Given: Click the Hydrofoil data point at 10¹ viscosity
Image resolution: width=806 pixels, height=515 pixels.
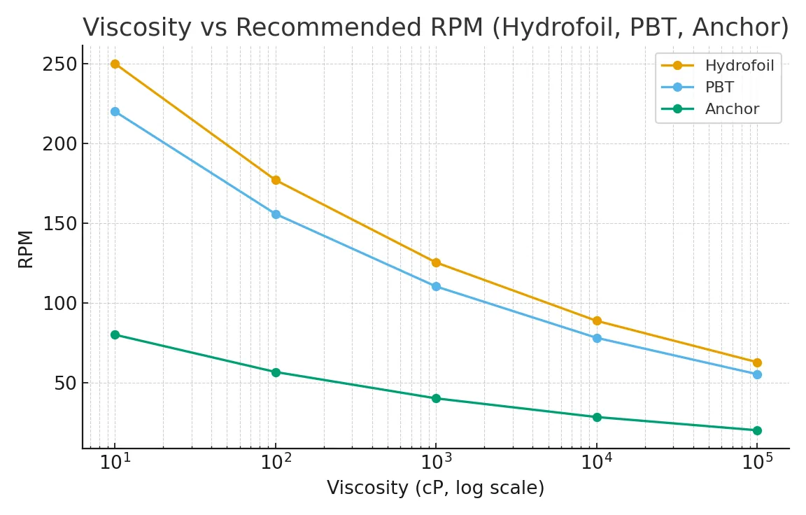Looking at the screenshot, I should point(115,64).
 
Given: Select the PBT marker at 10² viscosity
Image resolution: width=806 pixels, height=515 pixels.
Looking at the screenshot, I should point(276,214).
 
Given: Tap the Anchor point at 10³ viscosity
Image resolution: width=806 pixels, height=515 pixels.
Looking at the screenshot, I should point(436,398).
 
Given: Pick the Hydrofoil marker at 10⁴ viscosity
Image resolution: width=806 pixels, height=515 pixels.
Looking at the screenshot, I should point(597,320).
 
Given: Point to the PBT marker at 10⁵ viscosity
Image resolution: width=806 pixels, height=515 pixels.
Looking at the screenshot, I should point(757,374).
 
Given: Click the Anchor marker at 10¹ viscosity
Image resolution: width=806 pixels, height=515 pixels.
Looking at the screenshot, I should point(115,334).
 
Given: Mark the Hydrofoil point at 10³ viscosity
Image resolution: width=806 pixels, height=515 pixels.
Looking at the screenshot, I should point(436,262).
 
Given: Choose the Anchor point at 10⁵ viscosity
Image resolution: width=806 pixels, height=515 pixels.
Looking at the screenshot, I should point(757,430).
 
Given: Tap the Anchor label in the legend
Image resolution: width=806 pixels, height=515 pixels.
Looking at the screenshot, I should point(732,109).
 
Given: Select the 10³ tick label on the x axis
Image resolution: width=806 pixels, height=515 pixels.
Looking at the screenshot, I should point(436,462).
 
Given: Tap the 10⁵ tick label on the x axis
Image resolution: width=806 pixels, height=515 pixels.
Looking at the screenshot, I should point(757,462).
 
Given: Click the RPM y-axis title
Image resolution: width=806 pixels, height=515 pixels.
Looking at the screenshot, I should point(26,248).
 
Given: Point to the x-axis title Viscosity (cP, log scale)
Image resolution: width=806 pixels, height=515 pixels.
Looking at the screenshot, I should point(435,488).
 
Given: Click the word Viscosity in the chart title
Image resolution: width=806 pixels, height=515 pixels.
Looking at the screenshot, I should point(136,28).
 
